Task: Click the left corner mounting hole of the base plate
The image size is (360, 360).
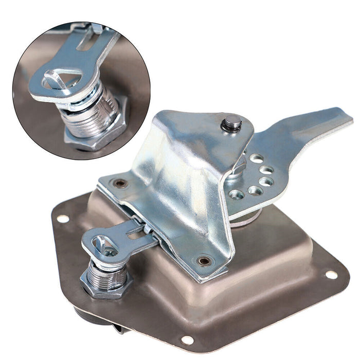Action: coord(63,219)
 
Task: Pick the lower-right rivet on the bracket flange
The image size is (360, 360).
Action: coord(205,261)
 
